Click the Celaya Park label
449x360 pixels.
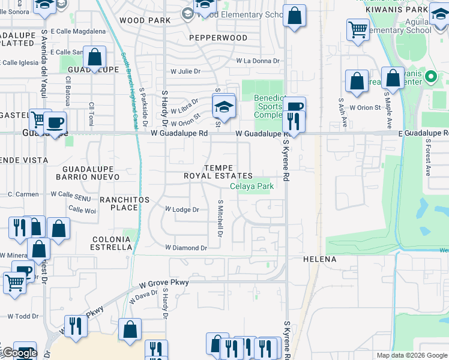click(x=252, y=187)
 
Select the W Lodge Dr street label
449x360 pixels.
click(x=182, y=209)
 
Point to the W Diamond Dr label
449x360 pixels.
click(x=186, y=248)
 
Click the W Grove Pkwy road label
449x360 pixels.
click(x=164, y=282)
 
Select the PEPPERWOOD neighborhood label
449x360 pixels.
click(x=218, y=38)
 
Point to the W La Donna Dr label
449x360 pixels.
click(x=258, y=61)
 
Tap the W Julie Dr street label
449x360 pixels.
click(x=185, y=71)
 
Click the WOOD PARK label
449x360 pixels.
click(x=145, y=20)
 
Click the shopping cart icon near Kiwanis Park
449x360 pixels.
click(x=358, y=28)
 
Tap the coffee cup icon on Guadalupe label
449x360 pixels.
click(x=55, y=123)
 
